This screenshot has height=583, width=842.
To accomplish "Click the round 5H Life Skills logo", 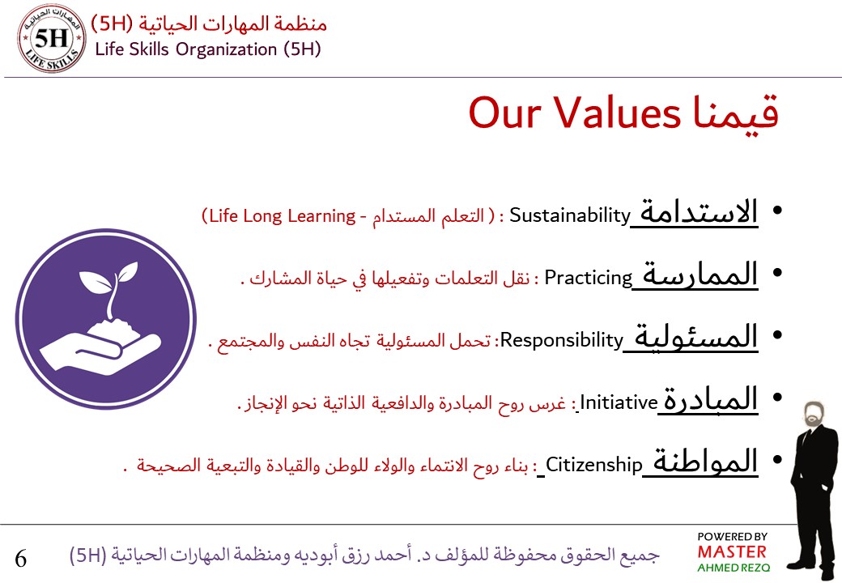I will tap(53, 38).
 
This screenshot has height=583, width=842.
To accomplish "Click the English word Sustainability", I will tap(569, 215).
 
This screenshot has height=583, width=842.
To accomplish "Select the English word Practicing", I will tap(588, 278).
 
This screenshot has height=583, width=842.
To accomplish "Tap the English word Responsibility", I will tap(560, 340).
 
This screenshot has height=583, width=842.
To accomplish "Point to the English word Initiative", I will tap(619, 402).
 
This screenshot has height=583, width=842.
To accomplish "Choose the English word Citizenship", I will tap(593, 464).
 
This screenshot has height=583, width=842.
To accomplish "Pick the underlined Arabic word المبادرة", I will tap(711, 398).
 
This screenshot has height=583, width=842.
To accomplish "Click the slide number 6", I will tap(21, 558).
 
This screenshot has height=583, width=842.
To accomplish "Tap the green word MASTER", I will tap(731, 552).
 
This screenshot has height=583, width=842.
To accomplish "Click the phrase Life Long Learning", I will tap(280, 216).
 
